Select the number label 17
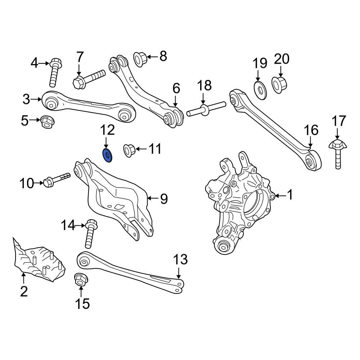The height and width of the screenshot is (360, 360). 338,121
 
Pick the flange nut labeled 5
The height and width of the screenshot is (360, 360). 46,122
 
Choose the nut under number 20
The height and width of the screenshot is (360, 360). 279,85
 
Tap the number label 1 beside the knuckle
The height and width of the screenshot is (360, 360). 290,195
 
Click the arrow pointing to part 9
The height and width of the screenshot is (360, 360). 152,198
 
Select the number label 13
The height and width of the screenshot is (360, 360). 181,259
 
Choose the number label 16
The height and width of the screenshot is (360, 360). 311,130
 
